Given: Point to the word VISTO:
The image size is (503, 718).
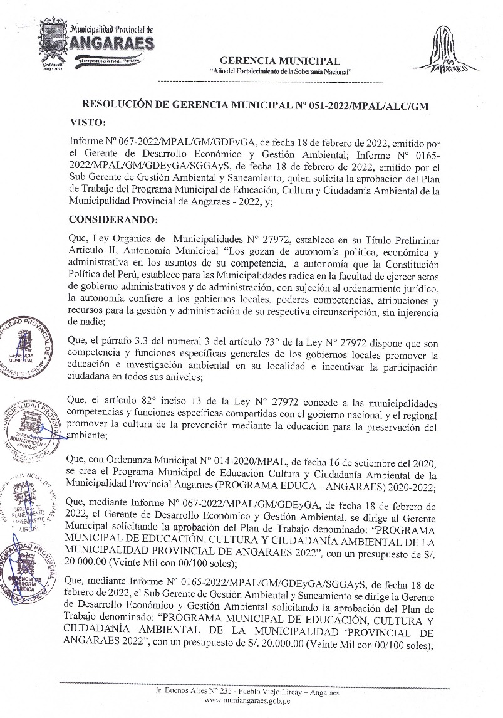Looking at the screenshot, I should point(88,122).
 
